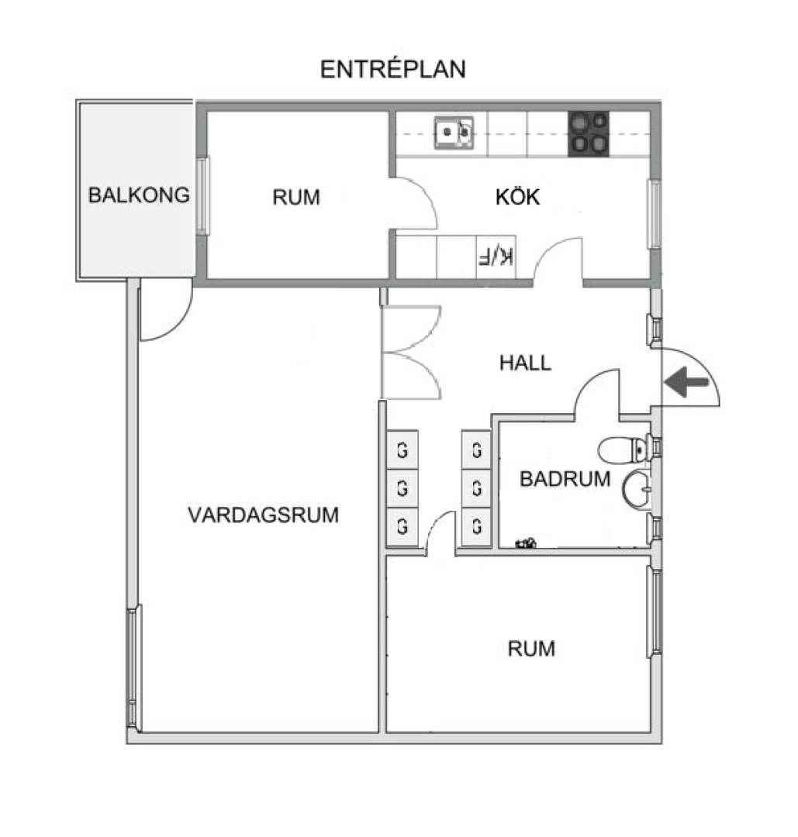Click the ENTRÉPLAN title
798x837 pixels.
point(393,70)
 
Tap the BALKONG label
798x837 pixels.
point(139,195)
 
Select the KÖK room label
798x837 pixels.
point(517,197)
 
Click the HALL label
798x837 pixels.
point(525,363)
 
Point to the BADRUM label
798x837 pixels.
point(565,479)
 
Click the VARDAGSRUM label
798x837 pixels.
point(264,515)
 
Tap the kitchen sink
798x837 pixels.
point(454,132)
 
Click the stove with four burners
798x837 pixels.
point(589,134)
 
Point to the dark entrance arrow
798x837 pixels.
point(688,383)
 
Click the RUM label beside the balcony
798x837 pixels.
point(295,198)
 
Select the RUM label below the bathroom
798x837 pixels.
point(531,649)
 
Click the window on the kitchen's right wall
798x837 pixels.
point(654,215)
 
